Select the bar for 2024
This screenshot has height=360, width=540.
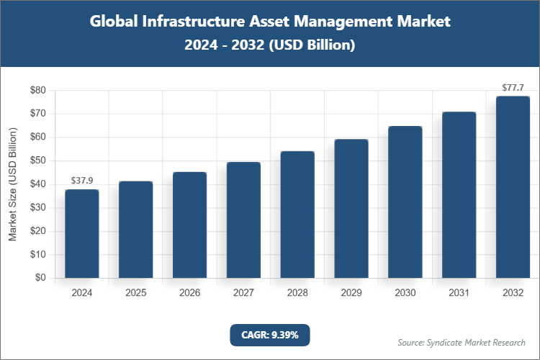point(81,233)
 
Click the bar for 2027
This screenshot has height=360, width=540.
point(243,220)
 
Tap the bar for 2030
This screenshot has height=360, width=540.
point(405,202)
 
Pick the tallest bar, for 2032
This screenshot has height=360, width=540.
point(513,186)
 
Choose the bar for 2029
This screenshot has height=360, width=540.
point(351,208)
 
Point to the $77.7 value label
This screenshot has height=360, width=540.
point(513,87)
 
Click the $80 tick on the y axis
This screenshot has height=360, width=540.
point(37,91)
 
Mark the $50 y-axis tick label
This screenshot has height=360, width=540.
point(37,161)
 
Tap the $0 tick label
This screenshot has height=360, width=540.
point(40,278)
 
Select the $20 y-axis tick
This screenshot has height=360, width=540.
point(37,231)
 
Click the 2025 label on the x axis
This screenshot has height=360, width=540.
point(135,293)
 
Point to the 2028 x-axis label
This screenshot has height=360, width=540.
point(297,293)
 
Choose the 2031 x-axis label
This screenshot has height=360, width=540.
point(459,293)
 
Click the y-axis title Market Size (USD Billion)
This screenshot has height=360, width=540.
point(12,184)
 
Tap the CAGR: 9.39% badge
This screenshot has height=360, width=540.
point(269,335)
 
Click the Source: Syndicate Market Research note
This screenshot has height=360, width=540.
point(461,342)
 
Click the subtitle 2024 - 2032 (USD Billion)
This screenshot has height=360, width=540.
point(269,45)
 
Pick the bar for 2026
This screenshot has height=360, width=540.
point(189,225)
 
